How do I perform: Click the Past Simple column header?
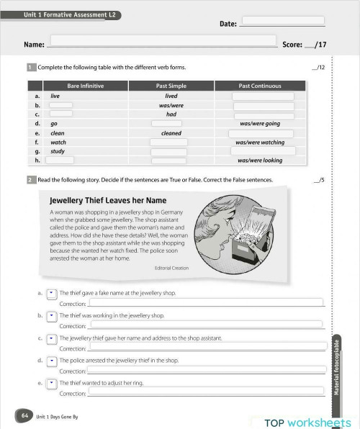(171, 86)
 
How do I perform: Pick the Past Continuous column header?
(260, 86)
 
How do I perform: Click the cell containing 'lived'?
(171, 96)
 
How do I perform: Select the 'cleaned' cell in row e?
(171, 133)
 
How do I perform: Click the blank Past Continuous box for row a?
(263, 96)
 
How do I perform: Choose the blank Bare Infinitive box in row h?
(60, 161)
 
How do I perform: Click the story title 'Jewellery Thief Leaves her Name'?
(107, 200)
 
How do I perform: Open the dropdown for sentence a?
(51, 294)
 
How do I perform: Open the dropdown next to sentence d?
(51, 360)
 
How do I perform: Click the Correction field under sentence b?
(206, 326)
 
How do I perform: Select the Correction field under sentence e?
(206, 393)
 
